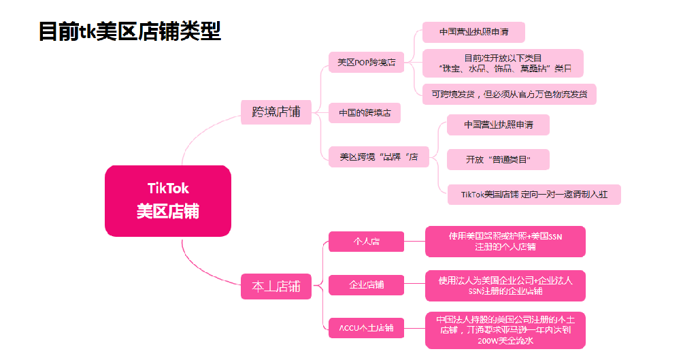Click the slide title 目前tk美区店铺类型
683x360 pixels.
tap(129, 31)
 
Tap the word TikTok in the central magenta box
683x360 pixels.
tap(168, 188)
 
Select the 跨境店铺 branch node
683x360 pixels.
tap(276, 112)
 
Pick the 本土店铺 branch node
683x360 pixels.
tap(276, 286)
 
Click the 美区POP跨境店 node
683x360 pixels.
tap(366, 62)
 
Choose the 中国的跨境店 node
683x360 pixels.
tap(364, 113)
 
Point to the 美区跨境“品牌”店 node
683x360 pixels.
tap(379, 157)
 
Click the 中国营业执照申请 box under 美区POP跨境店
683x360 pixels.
tap(473, 32)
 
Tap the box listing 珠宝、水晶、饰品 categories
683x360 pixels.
tap(503, 63)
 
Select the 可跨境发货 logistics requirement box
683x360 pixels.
tap(509, 94)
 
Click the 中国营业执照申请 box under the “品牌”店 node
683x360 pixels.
tap(498, 125)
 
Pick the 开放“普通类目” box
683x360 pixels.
tap(498, 160)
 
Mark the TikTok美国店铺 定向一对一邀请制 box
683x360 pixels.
tap(533, 195)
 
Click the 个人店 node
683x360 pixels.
tap(366, 242)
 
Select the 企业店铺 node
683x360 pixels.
tap(366, 284)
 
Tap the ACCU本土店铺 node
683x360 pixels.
tap(366, 327)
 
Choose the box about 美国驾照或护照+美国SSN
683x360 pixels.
tap(505, 242)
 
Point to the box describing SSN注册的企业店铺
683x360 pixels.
tap(505, 286)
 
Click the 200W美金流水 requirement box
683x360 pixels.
tap(505, 330)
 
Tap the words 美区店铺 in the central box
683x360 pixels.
tap(168, 211)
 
